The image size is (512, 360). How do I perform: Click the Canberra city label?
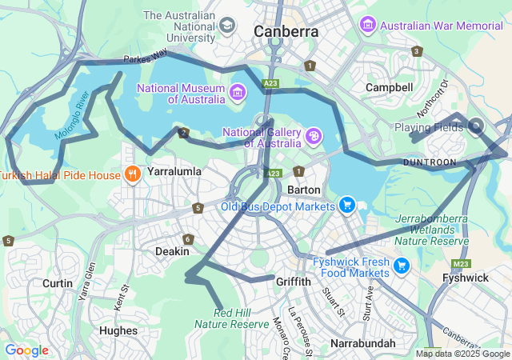click(286, 32)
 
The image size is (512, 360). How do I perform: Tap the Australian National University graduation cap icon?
click(229, 26)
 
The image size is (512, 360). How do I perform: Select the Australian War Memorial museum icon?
click(368, 25)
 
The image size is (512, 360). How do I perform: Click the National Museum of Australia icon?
click(236, 93)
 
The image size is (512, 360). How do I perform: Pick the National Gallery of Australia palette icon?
click(314, 136)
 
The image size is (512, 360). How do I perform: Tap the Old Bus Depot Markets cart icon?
click(346, 206)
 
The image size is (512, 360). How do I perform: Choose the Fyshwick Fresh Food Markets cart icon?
click(402, 266)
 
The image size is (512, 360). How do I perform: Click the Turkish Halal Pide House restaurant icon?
click(133, 174)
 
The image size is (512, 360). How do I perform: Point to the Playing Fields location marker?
click(476, 126)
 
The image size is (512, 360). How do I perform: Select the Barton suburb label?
click(304, 190)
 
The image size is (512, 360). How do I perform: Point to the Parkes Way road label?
click(146, 57)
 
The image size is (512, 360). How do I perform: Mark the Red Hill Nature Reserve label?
click(231, 318)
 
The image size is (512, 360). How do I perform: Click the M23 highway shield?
click(460, 263)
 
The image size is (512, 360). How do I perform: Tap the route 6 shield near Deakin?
click(188, 239)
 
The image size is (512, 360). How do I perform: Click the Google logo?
click(26, 350)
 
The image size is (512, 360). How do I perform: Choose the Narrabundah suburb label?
click(362, 343)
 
